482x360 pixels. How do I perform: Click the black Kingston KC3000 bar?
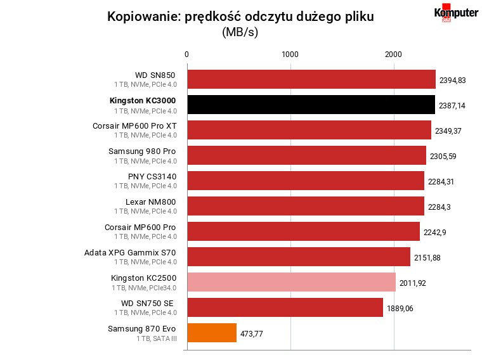click(x=311, y=105)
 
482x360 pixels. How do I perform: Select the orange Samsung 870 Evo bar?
click(x=212, y=333)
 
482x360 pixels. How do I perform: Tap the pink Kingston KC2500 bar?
click(x=292, y=282)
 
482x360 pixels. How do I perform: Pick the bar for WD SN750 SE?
click(x=285, y=307)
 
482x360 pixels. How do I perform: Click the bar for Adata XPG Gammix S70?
click(x=299, y=257)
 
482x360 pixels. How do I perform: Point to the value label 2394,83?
click(x=452, y=80)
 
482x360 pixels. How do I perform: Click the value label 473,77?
click(x=251, y=334)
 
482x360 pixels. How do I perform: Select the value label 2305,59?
click(x=443, y=157)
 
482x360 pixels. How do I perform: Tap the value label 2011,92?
click(x=412, y=283)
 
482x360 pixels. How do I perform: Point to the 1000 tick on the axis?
click(x=290, y=55)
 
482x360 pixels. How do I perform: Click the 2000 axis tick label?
click(x=393, y=55)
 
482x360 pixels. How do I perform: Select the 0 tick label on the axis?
click(x=186, y=55)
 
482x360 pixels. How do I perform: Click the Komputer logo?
click(x=456, y=13)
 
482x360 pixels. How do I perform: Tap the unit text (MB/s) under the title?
click(x=240, y=32)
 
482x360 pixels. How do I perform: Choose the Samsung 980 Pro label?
click(x=142, y=151)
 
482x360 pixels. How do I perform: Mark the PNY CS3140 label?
click(x=152, y=177)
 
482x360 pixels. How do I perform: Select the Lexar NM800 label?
click(x=151, y=202)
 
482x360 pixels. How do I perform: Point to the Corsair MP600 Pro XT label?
click(x=134, y=126)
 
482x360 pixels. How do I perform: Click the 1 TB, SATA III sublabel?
click(x=157, y=338)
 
